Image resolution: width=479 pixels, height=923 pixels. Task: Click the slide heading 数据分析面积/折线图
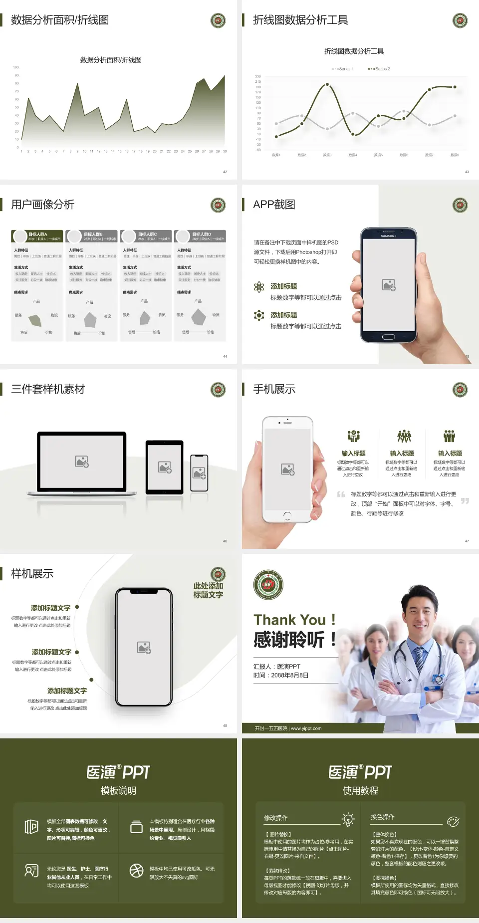pos(60,20)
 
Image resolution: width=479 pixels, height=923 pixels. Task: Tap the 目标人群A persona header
pos(38,236)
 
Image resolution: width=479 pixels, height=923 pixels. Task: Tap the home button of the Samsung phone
pos(388,337)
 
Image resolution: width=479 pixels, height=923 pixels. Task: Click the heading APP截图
pos(274,205)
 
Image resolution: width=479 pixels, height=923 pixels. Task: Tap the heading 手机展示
pos(274,389)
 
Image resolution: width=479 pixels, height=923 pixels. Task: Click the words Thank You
pos(289,620)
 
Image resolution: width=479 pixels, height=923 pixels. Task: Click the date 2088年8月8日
pos(289,675)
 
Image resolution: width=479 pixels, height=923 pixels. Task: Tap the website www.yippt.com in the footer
pos(306,728)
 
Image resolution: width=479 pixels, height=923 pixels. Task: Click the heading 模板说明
pos(118,791)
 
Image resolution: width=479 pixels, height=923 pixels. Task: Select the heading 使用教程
pos(360,791)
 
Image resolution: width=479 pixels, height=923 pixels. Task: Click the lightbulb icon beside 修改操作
pos(348,819)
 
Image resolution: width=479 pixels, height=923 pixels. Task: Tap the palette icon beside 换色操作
pos(453,821)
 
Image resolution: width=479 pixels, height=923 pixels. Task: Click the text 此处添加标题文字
pos(208,590)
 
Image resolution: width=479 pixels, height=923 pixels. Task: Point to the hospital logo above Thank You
pos(268,585)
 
